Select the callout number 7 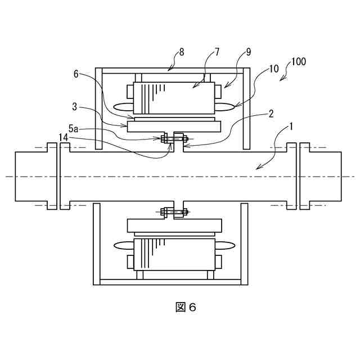pos(217,52)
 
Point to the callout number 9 pos(249,52)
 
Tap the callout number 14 pos(64,137)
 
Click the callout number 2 pos(271,113)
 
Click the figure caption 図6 pos(185,307)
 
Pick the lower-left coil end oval pos(123,246)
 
